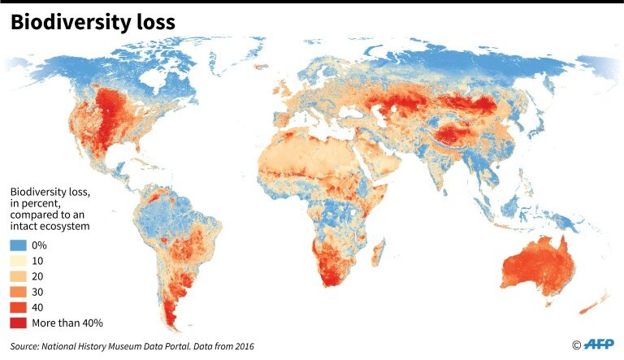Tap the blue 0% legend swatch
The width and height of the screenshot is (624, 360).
(x=19, y=245)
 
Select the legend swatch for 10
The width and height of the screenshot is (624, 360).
(x=19, y=260)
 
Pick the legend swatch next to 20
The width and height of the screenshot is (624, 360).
(x=19, y=276)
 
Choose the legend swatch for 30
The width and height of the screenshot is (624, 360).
(x=19, y=292)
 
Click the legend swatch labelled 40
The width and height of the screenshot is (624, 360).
(x=19, y=307)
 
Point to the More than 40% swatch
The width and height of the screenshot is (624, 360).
(x=19, y=323)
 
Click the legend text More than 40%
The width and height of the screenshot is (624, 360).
(x=70, y=323)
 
